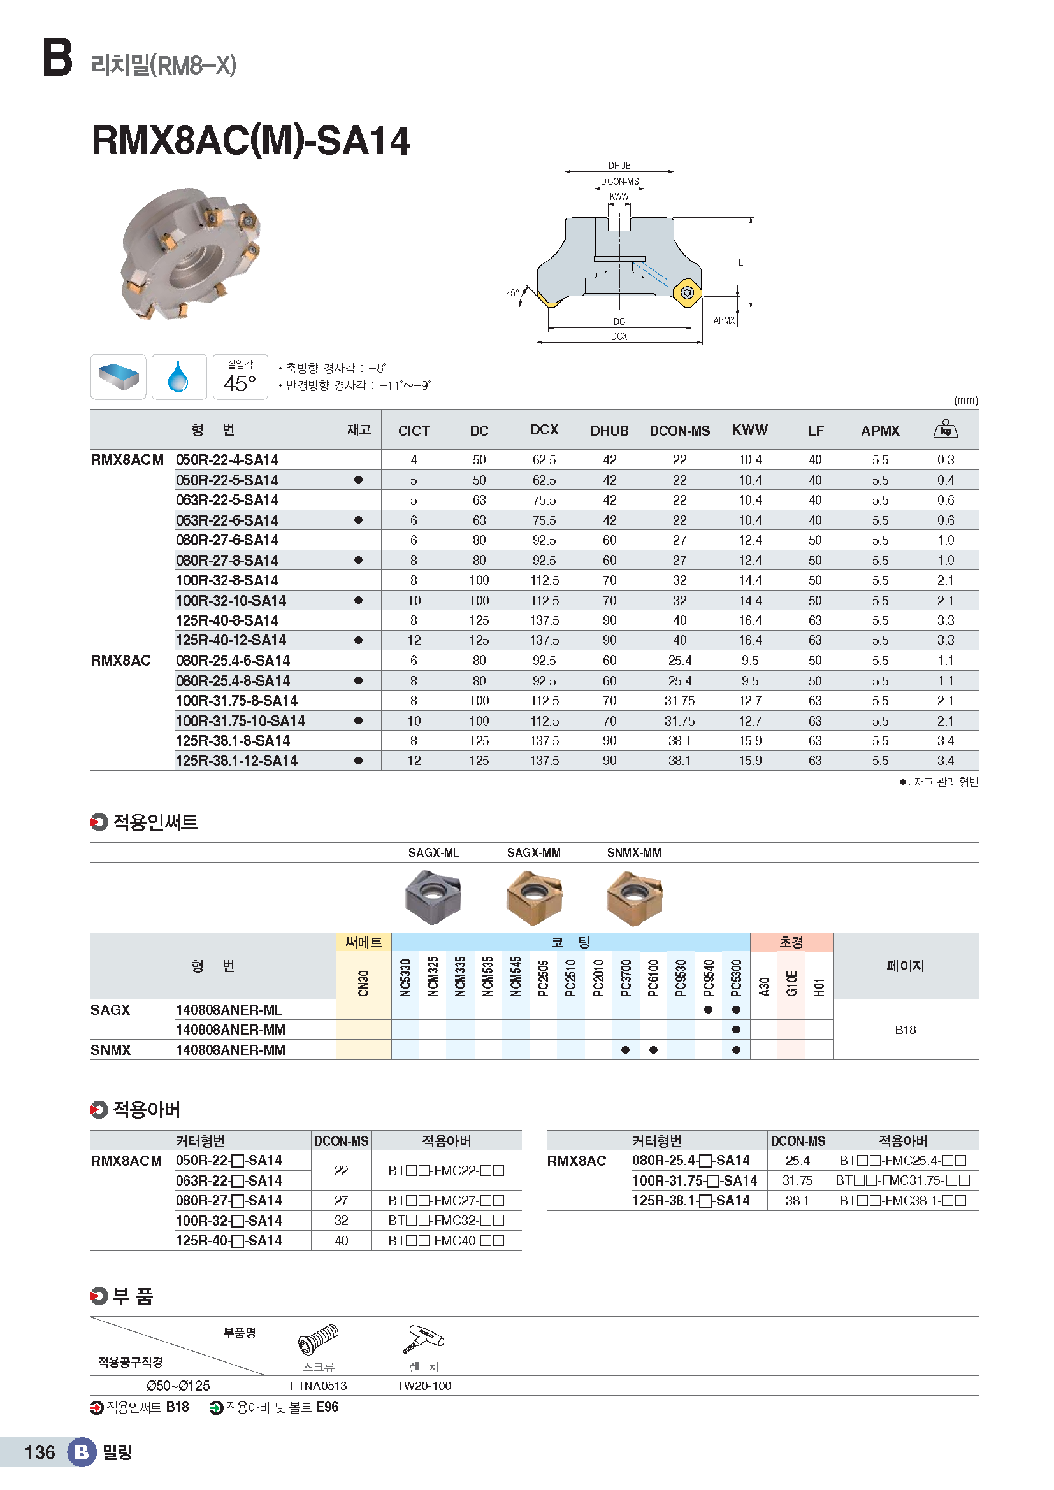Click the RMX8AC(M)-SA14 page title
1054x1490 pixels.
pyautogui.click(x=250, y=141)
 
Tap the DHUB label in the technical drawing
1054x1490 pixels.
pyautogui.click(x=619, y=166)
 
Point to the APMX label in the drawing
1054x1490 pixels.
pyautogui.click(x=724, y=320)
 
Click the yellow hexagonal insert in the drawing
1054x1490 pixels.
pyautogui.click(x=687, y=292)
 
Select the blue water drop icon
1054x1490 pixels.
pyautogui.click(x=178, y=377)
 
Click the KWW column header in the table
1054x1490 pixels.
pyautogui.click(x=749, y=429)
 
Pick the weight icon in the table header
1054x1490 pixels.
pyautogui.click(x=945, y=429)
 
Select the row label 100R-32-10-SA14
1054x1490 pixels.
pyautogui.click(x=231, y=600)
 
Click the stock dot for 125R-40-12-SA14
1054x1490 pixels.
pyautogui.click(x=358, y=640)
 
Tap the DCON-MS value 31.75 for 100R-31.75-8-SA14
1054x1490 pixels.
pyautogui.click(x=679, y=701)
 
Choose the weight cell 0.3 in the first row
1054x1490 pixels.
pyautogui.click(x=946, y=460)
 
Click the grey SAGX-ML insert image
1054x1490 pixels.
pyautogui.click(x=433, y=896)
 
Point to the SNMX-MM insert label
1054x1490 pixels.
pyautogui.click(x=634, y=853)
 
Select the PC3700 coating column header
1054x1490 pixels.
pyautogui.click(x=626, y=976)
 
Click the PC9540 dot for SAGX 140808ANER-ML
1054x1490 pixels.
pyautogui.click(x=708, y=1010)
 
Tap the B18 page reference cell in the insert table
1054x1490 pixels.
pyautogui.click(x=905, y=1030)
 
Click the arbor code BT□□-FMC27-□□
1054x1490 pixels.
pyautogui.click(x=446, y=1201)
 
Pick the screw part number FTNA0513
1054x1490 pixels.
pyautogui.click(x=318, y=1386)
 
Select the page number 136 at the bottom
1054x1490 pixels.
pyautogui.click(x=40, y=1452)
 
